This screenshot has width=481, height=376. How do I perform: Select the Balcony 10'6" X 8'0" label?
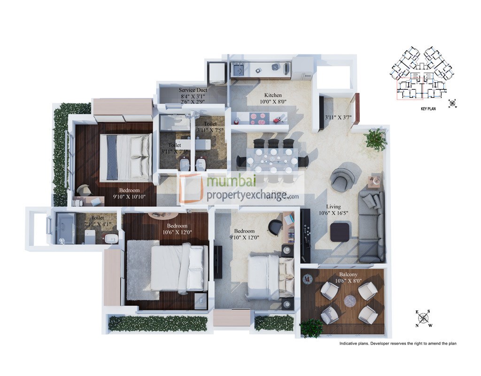[x=348, y=277]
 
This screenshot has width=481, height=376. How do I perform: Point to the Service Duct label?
[x=193, y=90]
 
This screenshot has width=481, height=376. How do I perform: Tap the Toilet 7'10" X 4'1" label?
[x=97, y=221]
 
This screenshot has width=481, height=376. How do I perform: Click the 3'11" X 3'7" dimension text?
[x=338, y=117]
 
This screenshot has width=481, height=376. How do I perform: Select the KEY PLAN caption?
[x=430, y=108]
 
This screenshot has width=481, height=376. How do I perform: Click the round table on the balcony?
[x=350, y=301]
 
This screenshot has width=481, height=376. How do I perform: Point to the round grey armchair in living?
[x=342, y=178]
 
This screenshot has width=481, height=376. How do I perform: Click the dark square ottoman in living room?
[x=340, y=232]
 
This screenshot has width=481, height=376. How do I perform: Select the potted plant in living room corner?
[x=375, y=138]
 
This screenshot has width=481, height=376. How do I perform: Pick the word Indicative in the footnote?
[x=350, y=344]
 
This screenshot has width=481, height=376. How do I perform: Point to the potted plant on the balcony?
[x=311, y=328]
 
